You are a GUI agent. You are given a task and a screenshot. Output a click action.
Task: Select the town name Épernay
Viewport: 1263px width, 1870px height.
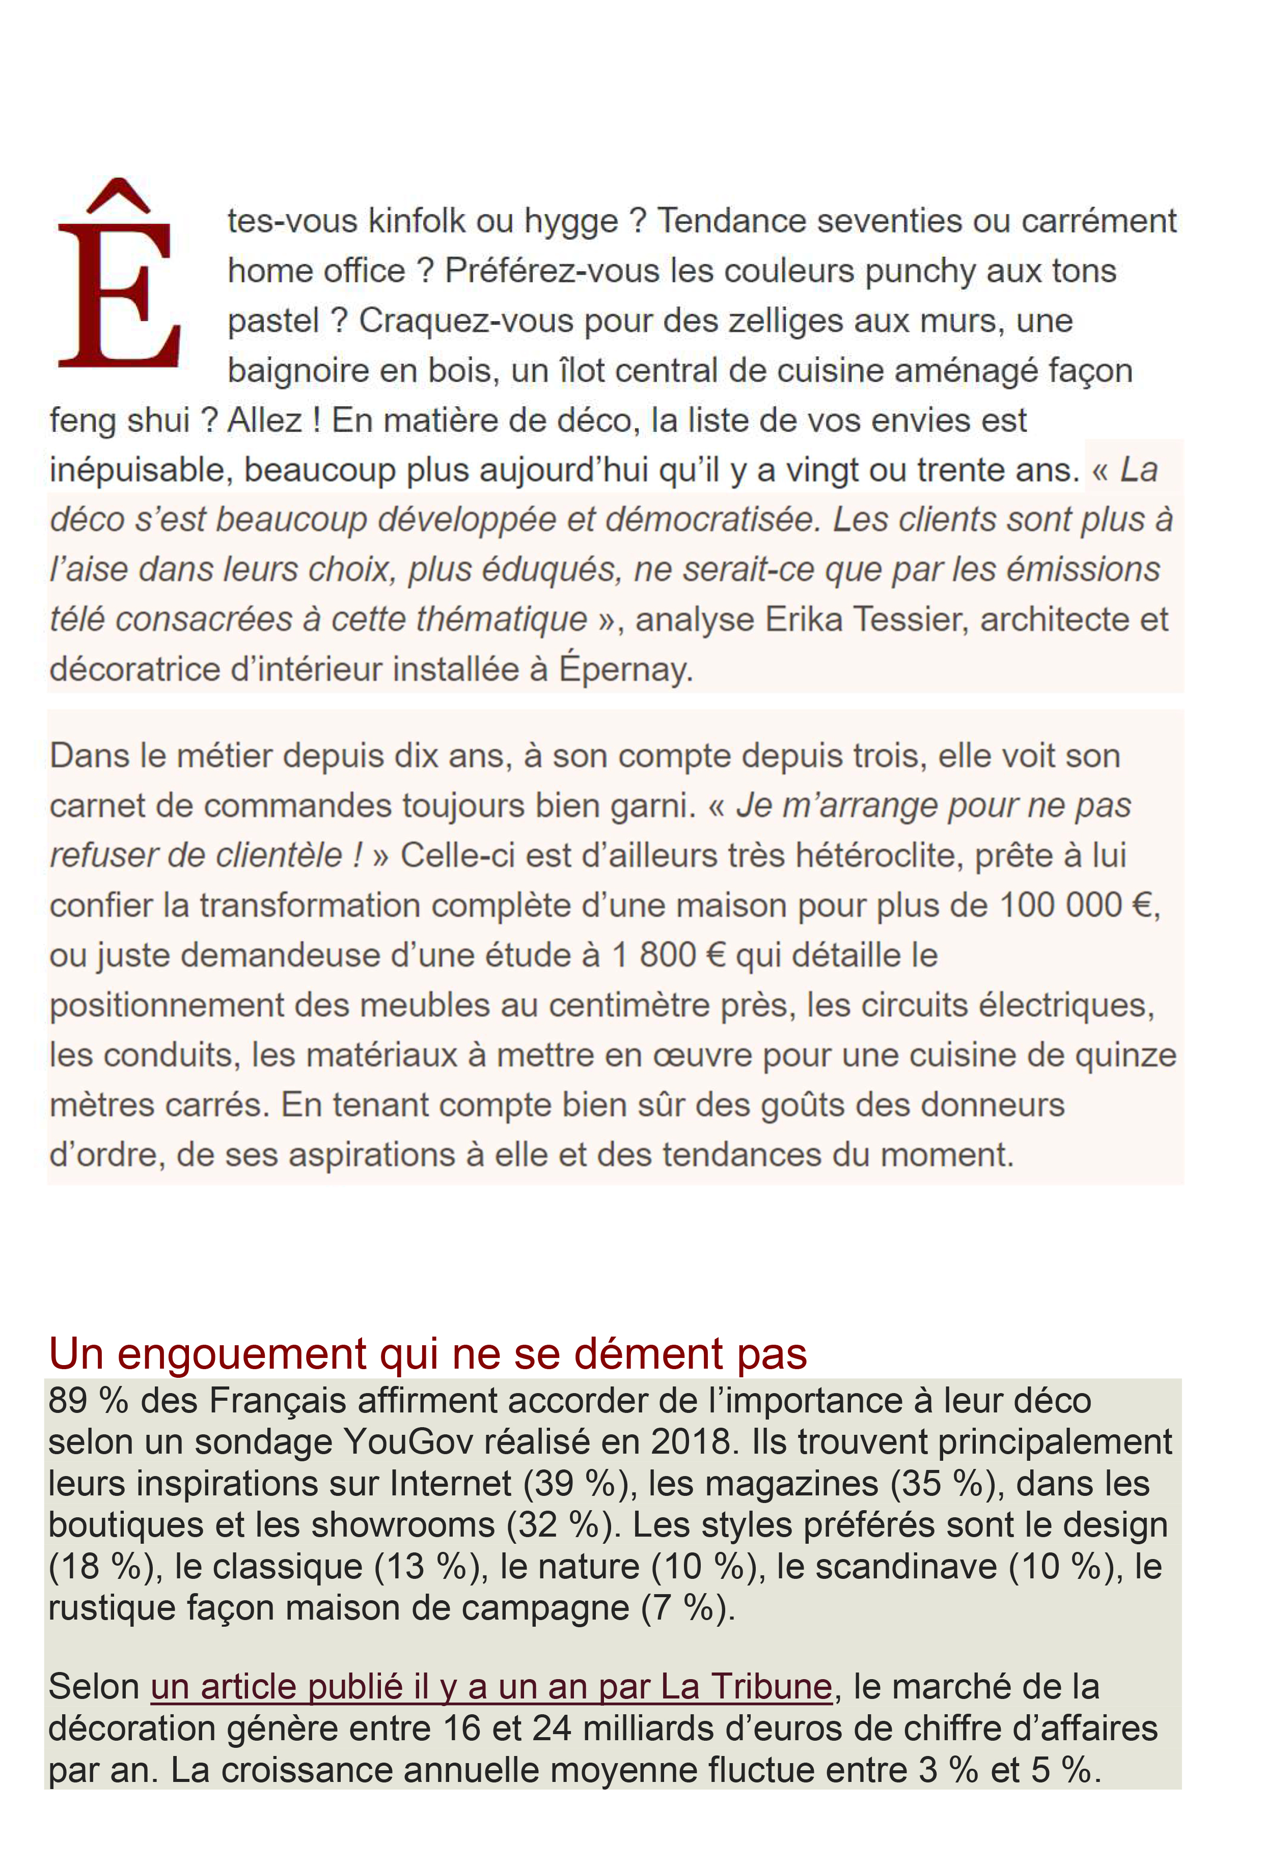click(x=625, y=669)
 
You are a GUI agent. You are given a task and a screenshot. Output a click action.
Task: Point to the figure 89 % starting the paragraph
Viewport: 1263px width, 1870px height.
click(x=88, y=1401)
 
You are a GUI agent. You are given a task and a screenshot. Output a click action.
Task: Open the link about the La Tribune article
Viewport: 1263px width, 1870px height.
click(x=490, y=1687)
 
